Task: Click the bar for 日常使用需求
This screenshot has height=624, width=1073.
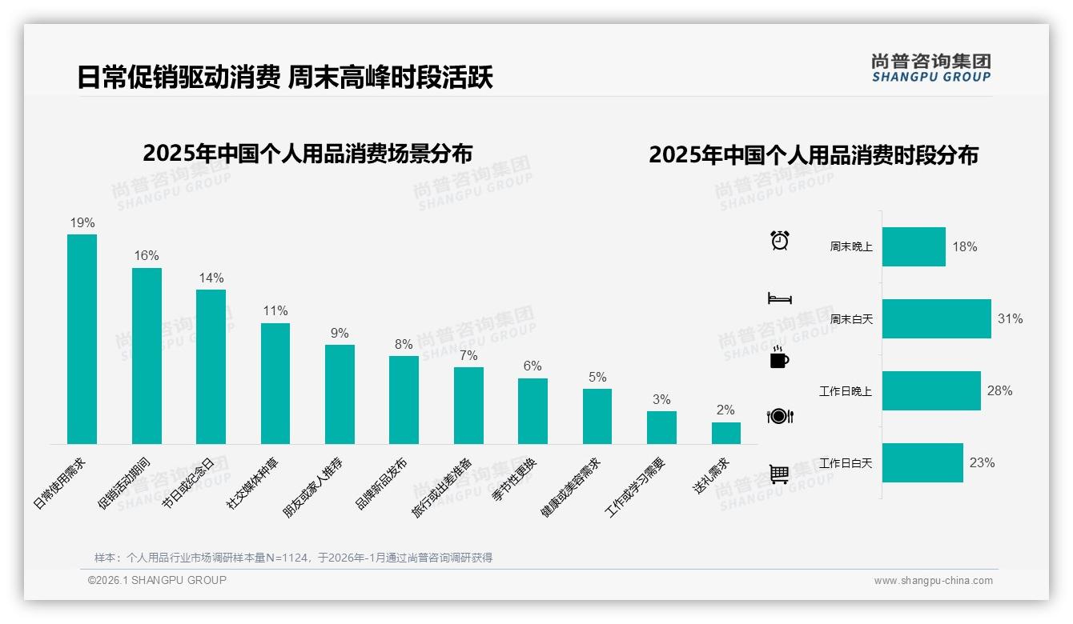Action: click(x=82, y=339)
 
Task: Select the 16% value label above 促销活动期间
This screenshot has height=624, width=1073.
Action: click(x=147, y=256)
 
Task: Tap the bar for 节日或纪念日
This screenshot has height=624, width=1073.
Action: click(x=211, y=366)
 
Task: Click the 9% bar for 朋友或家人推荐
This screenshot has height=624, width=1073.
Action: click(x=340, y=394)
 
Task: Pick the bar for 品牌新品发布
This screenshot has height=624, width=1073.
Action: click(x=404, y=400)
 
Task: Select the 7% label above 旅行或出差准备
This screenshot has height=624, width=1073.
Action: click(x=468, y=355)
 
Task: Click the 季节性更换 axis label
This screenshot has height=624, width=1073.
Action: click(x=515, y=478)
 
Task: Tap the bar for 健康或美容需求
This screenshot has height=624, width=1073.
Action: click(x=597, y=416)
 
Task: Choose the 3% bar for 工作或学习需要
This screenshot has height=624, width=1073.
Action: click(x=661, y=427)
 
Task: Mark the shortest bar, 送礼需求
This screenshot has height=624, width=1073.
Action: click(x=725, y=433)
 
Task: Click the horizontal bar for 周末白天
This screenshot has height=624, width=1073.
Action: click(x=936, y=319)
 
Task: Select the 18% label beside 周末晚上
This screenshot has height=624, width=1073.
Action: click(x=964, y=247)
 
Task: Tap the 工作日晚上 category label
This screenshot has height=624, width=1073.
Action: click(x=846, y=391)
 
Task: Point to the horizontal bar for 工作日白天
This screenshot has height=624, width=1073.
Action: click(x=922, y=463)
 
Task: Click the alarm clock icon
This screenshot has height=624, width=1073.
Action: click(x=780, y=240)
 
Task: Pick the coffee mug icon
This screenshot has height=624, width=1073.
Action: click(x=779, y=358)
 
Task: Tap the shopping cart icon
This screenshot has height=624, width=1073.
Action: click(x=779, y=474)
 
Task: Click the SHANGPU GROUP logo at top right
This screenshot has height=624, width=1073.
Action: click(x=931, y=68)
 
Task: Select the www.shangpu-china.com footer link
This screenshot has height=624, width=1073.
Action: click(x=933, y=581)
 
